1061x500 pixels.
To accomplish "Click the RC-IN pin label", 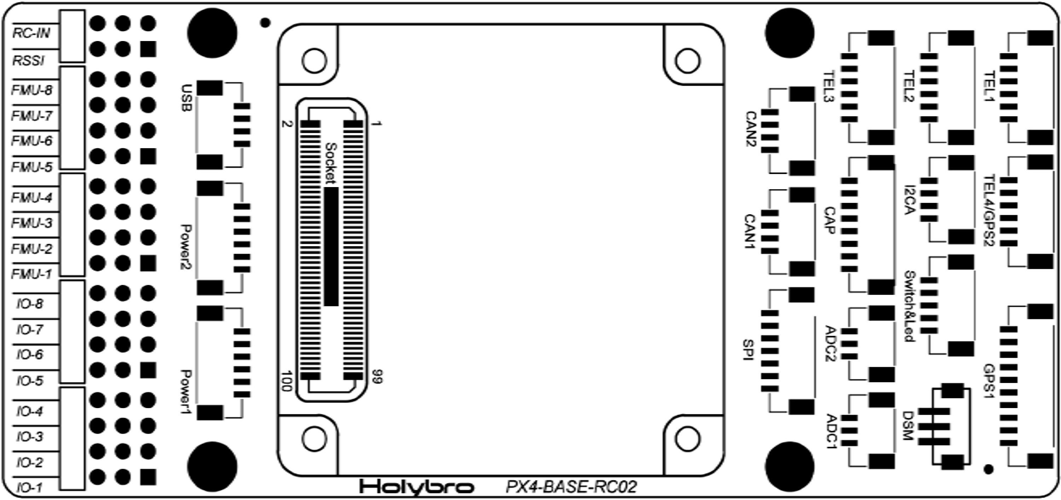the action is coord(31,33).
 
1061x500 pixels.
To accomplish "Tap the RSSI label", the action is coord(28,60).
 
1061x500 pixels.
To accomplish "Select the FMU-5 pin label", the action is coord(32,167).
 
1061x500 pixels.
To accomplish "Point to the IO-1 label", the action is coord(29,488).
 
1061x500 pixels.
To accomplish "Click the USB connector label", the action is coord(187,98).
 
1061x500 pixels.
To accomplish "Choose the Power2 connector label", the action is coord(187,248).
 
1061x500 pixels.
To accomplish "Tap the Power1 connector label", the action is coord(187,392).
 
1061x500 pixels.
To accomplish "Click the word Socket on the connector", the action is coord(331,163).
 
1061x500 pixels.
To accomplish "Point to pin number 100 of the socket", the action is coord(287,380).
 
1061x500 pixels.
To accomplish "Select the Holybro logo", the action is coord(417,487).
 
